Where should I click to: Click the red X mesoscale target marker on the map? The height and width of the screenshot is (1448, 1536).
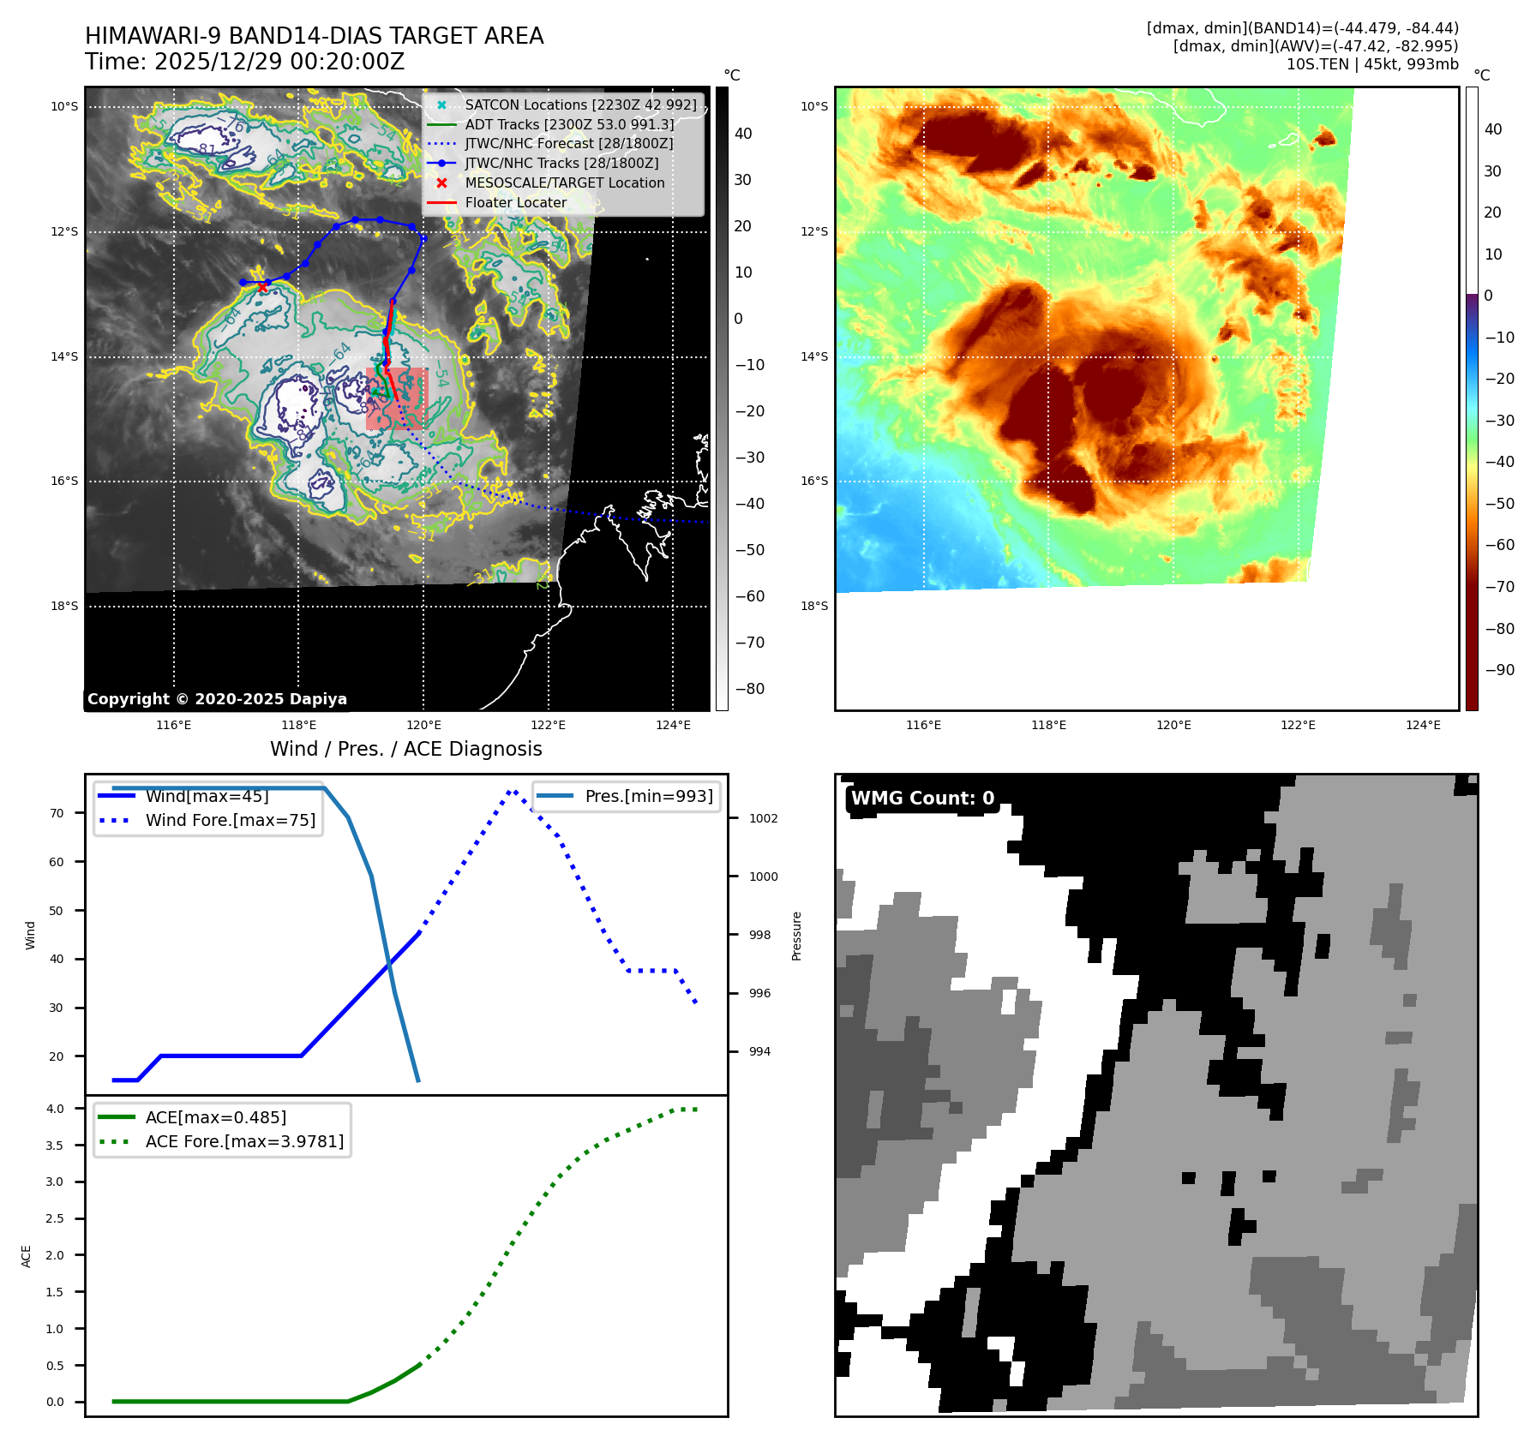tap(262, 288)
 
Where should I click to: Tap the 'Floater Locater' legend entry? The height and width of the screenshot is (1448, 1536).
tap(515, 202)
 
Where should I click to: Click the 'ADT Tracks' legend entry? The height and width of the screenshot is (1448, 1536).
tap(569, 124)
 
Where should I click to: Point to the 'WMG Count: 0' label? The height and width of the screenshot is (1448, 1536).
tap(922, 798)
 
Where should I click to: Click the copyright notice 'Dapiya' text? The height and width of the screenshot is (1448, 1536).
tap(217, 699)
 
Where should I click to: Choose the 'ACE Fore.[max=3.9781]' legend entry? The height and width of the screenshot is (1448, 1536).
tap(244, 1141)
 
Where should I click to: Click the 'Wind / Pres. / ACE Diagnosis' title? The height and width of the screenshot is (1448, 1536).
tap(405, 749)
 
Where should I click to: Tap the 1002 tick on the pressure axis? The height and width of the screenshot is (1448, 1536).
tap(763, 818)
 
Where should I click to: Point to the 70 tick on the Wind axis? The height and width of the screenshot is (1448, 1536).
tap(57, 813)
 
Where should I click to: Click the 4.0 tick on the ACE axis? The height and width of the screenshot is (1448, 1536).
tap(55, 1109)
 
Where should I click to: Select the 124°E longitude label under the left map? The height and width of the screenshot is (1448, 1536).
tap(673, 725)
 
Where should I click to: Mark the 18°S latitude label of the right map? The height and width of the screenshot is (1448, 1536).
tap(813, 606)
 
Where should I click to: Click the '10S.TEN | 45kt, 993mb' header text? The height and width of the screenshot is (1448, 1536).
tap(1371, 64)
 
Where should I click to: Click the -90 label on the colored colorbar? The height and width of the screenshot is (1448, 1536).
tap(1499, 670)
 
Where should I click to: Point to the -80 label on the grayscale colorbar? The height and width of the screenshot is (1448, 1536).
tap(749, 689)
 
